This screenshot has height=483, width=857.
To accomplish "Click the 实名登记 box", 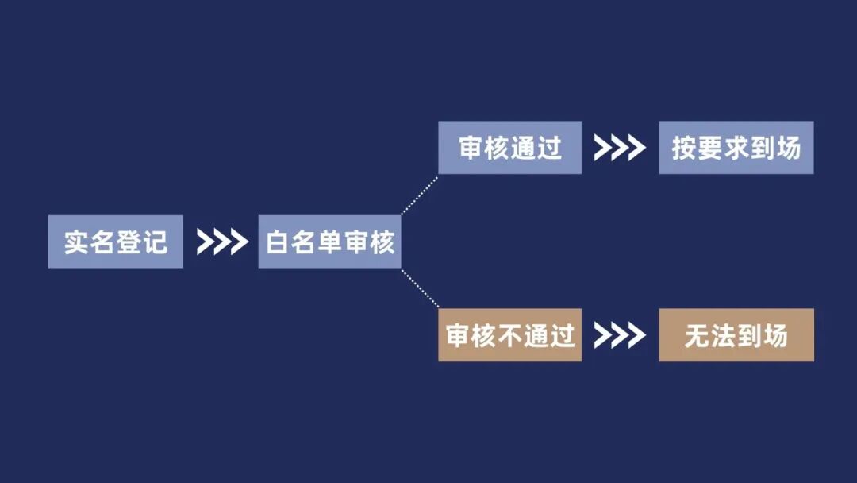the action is tap(115, 241).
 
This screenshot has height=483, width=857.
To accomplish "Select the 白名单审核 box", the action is tap(329, 241).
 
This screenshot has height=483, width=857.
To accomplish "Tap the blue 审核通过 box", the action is tap(509, 148).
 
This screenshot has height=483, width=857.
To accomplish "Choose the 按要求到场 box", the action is tap(736, 148).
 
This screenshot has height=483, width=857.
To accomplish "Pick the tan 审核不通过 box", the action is tap(509, 335).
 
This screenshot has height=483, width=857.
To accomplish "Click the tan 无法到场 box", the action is tap(736, 335).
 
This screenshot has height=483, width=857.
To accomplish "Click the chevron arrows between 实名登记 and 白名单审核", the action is tap(221, 241).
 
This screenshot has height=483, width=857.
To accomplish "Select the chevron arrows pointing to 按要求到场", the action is tap(620, 148).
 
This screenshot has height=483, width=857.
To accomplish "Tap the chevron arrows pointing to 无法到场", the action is tap(620, 335).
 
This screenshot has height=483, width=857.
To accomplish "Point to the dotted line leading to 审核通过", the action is tap(419, 195).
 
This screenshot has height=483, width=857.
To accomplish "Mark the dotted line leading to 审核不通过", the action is tap(419, 288).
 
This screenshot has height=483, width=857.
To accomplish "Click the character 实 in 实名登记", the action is tap(77, 242).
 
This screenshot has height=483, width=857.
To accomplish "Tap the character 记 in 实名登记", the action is tap(155, 242).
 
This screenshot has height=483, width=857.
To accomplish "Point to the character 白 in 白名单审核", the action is tap(279, 242).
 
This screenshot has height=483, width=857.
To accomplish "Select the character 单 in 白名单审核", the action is tap(330, 242).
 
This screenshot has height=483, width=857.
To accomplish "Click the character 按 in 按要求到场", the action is tap(685, 149).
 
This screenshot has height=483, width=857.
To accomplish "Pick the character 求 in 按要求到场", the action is tap(736, 149).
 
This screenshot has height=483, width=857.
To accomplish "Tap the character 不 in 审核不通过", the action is tap(510, 336).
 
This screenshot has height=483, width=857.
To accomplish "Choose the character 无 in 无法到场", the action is tap(698, 336).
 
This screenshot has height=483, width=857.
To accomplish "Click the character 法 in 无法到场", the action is tap(724, 336).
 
